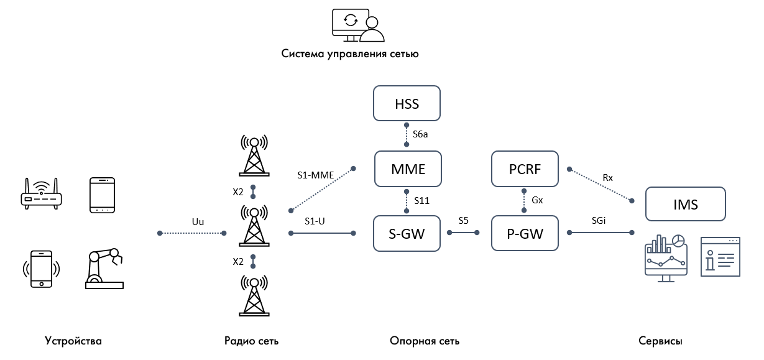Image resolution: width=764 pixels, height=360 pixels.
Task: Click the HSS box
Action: pyautogui.click(x=407, y=103)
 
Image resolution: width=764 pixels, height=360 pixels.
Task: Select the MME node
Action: pyautogui.click(x=408, y=169)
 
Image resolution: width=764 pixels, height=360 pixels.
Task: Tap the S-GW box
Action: pyautogui.click(x=408, y=233)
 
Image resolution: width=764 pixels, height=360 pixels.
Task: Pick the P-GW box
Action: pyautogui.click(x=525, y=233)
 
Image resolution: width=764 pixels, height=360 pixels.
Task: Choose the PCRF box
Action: pyautogui.click(x=525, y=169)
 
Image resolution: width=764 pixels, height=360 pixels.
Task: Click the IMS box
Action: pyautogui.click(x=686, y=204)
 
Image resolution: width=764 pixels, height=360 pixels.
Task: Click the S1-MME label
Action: pyautogui.click(x=316, y=175)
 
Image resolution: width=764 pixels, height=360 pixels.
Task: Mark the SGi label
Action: pyautogui.click(x=600, y=221)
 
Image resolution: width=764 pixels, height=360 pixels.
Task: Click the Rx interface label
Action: pyautogui.click(x=608, y=177)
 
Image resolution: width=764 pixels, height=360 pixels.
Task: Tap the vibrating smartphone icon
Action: pyautogui.click(x=42, y=269)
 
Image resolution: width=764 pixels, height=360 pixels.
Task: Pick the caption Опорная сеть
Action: pyautogui.click(x=425, y=341)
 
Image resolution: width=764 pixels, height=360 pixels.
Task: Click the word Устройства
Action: pyautogui.click(x=73, y=341)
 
